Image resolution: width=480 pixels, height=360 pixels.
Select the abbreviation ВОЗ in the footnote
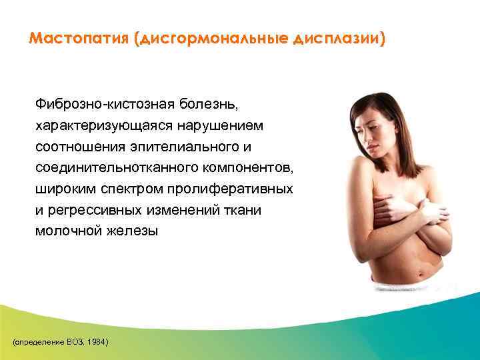click(75, 341)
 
